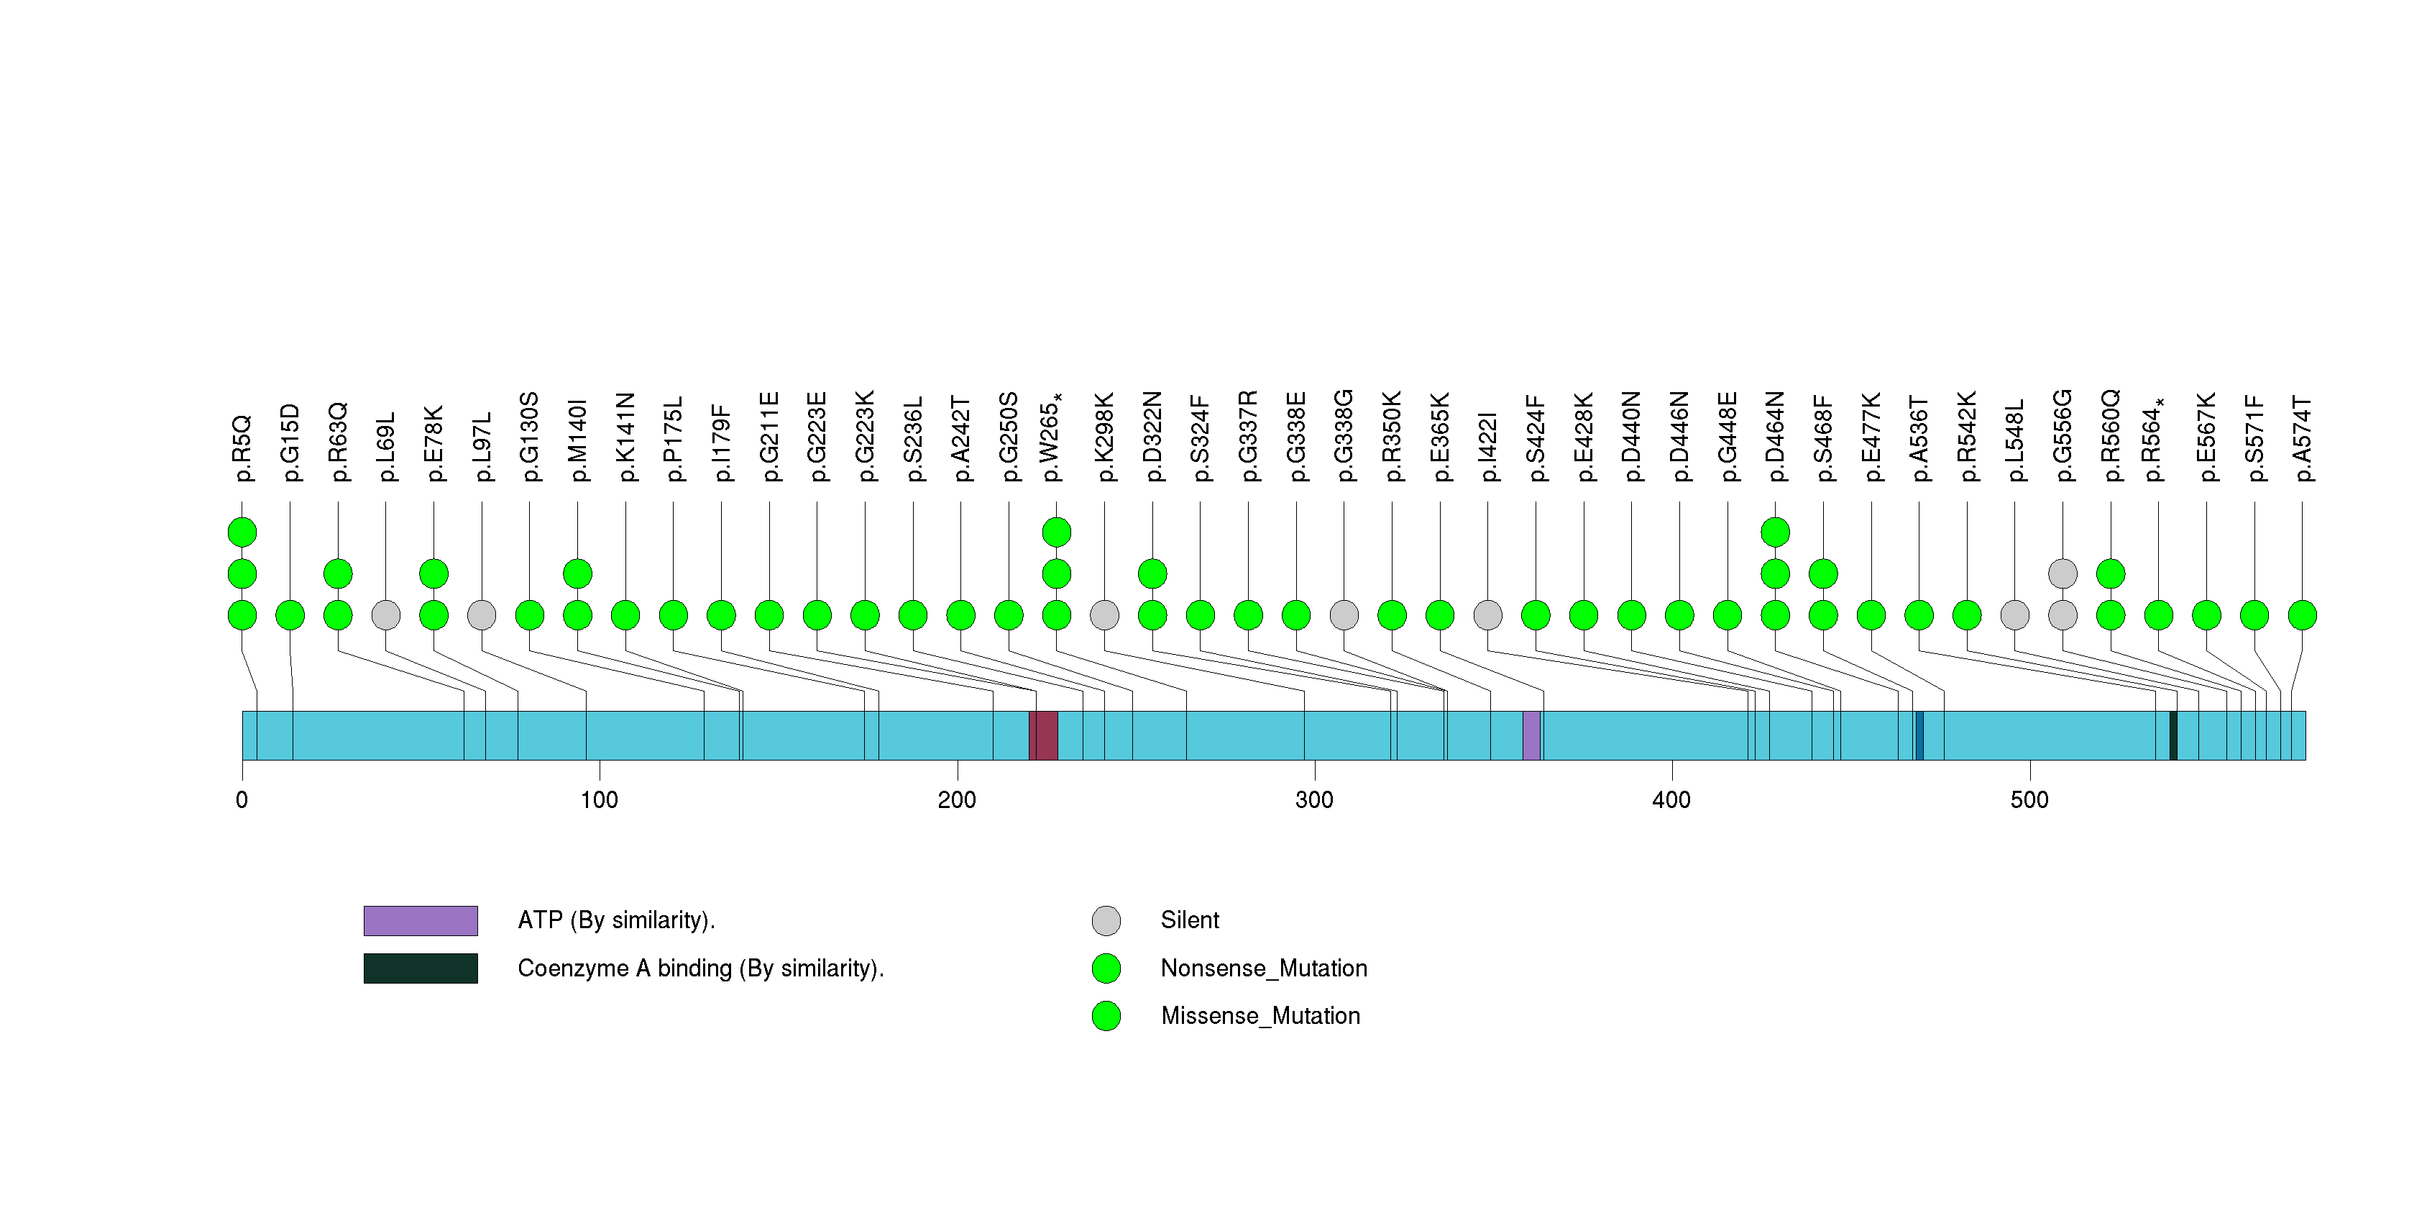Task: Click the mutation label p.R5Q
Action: [x=242, y=448]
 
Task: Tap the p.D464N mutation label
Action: [x=1775, y=437]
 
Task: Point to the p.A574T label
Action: [x=2302, y=438]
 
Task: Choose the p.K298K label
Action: [x=1104, y=437]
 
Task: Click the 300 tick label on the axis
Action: [x=1313, y=800]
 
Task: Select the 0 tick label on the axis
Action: [x=242, y=800]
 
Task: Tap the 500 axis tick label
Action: [x=2029, y=800]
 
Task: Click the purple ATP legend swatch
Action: [x=421, y=920]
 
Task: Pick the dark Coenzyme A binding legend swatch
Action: [x=421, y=968]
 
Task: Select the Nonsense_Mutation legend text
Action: [x=1263, y=968]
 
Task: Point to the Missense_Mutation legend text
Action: [x=1260, y=1015]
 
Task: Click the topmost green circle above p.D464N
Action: [x=1775, y=532]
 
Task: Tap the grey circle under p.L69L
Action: [x=385, y=614]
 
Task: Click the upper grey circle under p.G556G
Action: [x=2063, y=573]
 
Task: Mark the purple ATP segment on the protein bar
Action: [x=1531, y=735]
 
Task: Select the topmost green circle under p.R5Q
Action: [x=242, y=532]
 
